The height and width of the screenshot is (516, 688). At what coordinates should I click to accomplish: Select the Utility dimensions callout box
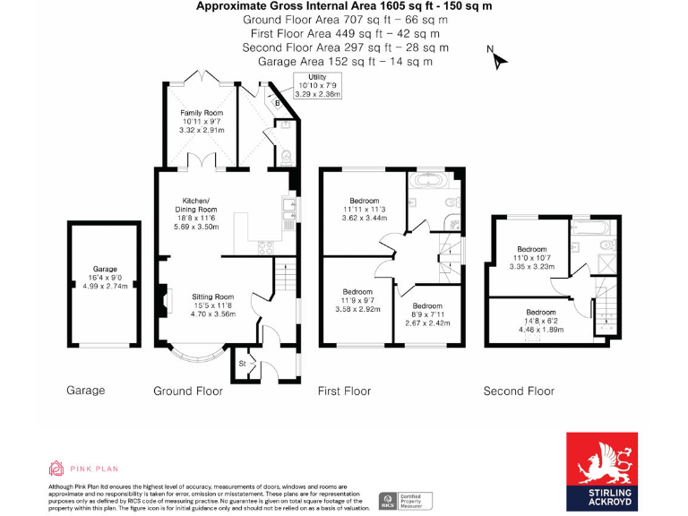pos(317,85)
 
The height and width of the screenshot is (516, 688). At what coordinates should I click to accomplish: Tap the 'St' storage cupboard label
pos(242,363)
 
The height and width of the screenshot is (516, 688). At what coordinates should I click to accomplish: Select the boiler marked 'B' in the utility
pos(278,103)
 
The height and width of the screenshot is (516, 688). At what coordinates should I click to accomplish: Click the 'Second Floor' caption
pos(519,391)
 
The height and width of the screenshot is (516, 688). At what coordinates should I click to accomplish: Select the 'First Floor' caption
pos(344,391)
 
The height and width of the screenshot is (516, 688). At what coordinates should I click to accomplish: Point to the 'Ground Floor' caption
pos(188,391)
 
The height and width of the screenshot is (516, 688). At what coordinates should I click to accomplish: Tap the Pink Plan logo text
pos(82,468)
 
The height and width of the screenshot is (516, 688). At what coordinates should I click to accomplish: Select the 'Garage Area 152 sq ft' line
pos(345,62)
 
